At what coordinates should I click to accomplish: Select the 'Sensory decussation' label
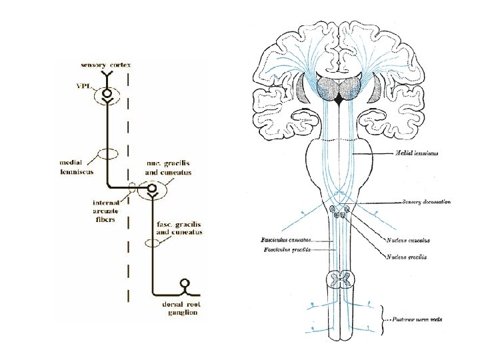pos(427,201)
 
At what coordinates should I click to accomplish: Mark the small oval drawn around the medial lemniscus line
pos(107,154)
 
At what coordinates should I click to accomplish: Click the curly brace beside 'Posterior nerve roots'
pos(383,318)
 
